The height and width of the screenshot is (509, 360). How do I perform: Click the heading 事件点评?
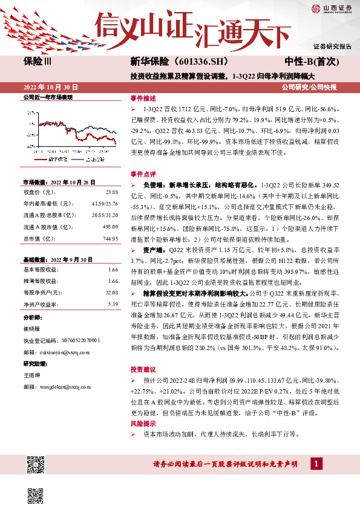click(x=143, y=173)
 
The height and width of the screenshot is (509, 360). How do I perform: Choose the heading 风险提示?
click(x=143, y=424)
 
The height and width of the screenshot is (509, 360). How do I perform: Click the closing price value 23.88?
click(x=112, y=192)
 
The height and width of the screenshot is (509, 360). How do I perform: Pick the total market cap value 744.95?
click(x=110, y=239)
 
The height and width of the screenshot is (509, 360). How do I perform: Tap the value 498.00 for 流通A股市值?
click(x=110, y=227)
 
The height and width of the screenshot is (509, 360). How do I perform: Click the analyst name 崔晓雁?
click(x=32, y=329)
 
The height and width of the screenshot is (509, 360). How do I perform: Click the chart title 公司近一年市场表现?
click(x=47, y=97)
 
